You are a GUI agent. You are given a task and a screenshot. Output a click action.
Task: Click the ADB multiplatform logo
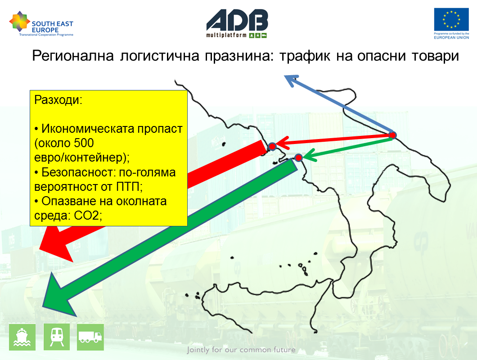[x=237, y=23]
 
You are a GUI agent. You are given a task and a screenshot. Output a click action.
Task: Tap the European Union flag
[x=451, y=19]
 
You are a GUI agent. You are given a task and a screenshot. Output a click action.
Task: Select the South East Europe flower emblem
[x=19, y=21]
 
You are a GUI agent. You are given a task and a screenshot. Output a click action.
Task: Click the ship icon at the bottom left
[x=22, y=337]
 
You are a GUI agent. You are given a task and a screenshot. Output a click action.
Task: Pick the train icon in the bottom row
[x=57, y=337]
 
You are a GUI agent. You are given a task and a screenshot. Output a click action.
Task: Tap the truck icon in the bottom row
[x=90, y=337]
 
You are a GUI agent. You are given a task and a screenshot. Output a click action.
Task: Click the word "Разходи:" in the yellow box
[x=58, y=100]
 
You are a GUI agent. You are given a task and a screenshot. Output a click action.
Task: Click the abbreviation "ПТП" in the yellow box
[x=128, y=187]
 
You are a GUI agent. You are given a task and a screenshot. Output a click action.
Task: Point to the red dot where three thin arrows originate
[x=392, y=135]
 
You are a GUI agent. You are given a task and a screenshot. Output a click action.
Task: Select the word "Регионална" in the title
[x=73, y=56]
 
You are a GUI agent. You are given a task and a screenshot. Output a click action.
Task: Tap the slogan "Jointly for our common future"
[x=241, y=350]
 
